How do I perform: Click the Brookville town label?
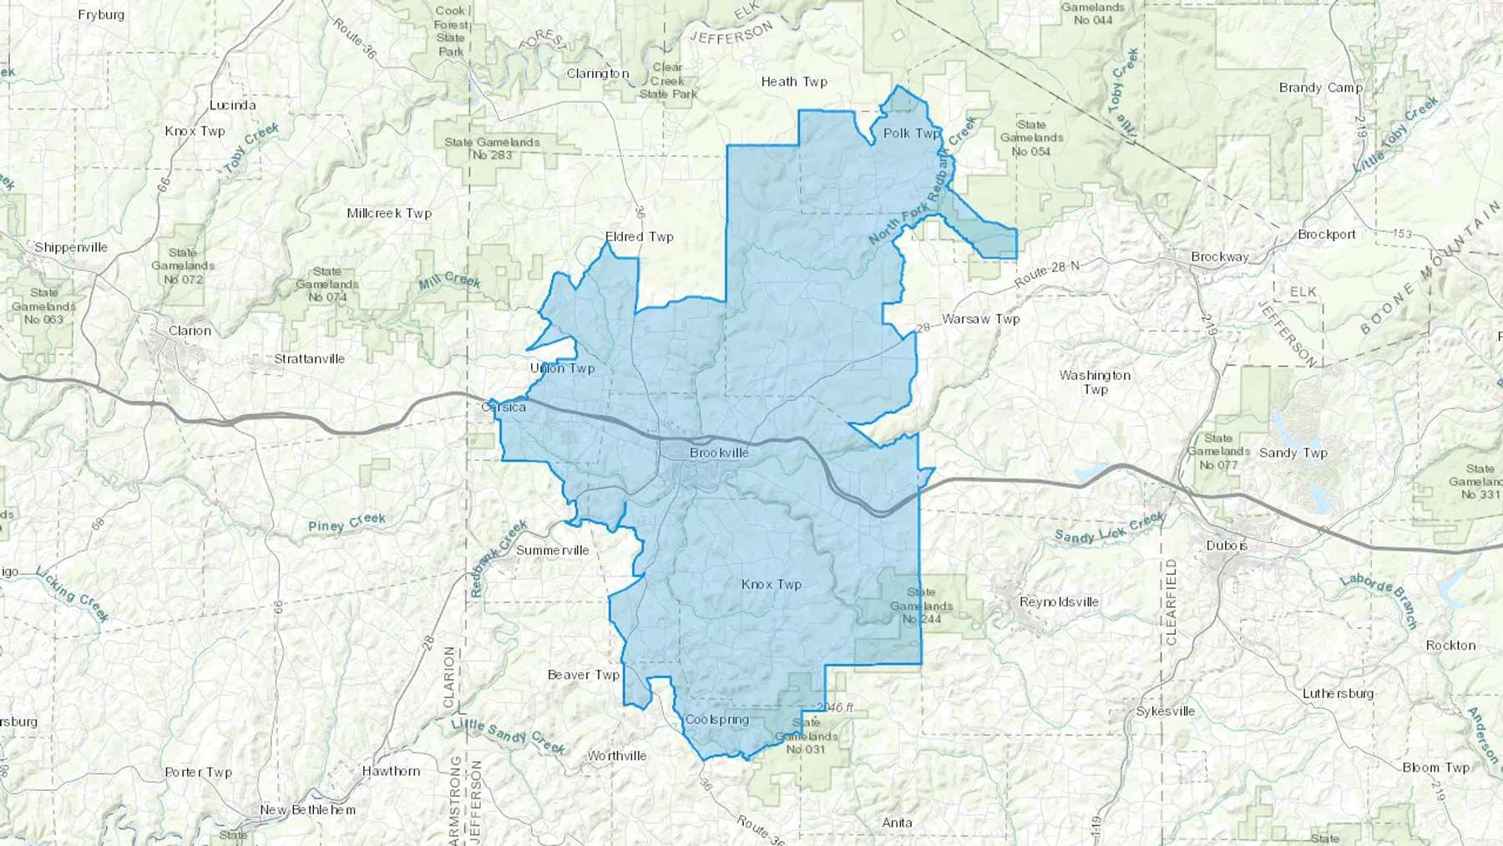coord(719,453)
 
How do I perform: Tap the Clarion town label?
coord(190,331)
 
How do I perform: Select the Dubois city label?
coord(1227,545)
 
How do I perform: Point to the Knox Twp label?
coord(771,585)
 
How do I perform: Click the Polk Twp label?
coord(911,134)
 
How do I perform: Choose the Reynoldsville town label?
coord(1059,602)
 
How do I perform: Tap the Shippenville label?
coord(71,247)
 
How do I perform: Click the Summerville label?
coord(552,550)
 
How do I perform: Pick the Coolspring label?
coord(716,720)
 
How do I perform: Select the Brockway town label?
coord(1219,257)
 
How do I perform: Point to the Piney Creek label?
coord(347,523)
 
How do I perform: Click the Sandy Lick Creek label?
coord(1109,529)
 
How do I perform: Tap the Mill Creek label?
coord(449,281)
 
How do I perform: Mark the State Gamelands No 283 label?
coord(492,149)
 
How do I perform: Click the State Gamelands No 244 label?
coord(921,605)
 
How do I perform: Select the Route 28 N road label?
coord(1047,274)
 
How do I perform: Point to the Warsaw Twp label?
coord(980,319)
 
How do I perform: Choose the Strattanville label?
coord(309,359)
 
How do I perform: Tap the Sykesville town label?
coord(1165,712)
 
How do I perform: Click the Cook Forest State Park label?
coord(450,31)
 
